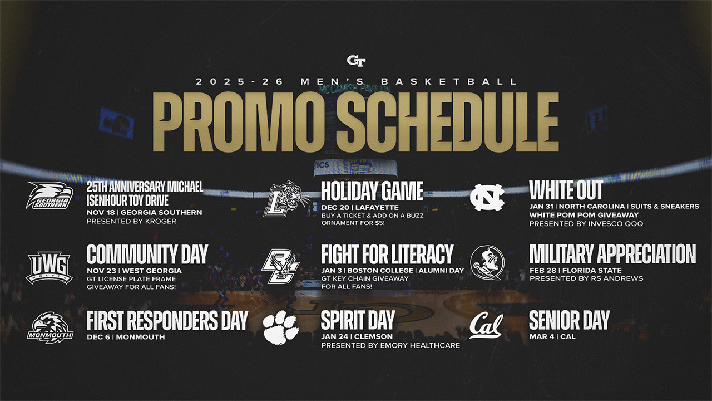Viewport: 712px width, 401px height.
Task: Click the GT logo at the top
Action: coord(356,61)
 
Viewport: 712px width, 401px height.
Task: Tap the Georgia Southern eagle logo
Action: coord(50,195)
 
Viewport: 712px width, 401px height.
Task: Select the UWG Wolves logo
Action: coord(50,268)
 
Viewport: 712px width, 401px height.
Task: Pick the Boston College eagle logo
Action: coord(280,266)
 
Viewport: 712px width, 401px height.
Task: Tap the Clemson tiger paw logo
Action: coord(281,328)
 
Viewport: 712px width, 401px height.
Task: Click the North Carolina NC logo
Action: coord(487,197)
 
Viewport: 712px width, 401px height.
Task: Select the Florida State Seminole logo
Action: coord(487,263)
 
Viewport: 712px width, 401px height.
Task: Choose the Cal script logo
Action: coord(486,325)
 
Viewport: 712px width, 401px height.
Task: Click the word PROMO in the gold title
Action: coord(238,122)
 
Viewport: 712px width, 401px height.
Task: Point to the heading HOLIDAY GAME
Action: coord(372,191)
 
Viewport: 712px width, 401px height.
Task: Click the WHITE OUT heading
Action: coord(566,190)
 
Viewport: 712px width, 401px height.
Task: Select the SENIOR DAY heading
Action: coord(569,320)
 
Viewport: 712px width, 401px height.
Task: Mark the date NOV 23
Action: coord(102,271)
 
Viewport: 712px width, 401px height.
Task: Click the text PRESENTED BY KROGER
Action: coord(132,221)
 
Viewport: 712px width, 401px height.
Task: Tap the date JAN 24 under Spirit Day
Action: coord(335,336)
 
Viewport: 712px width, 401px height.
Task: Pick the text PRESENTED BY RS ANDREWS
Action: coord(586,278)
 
